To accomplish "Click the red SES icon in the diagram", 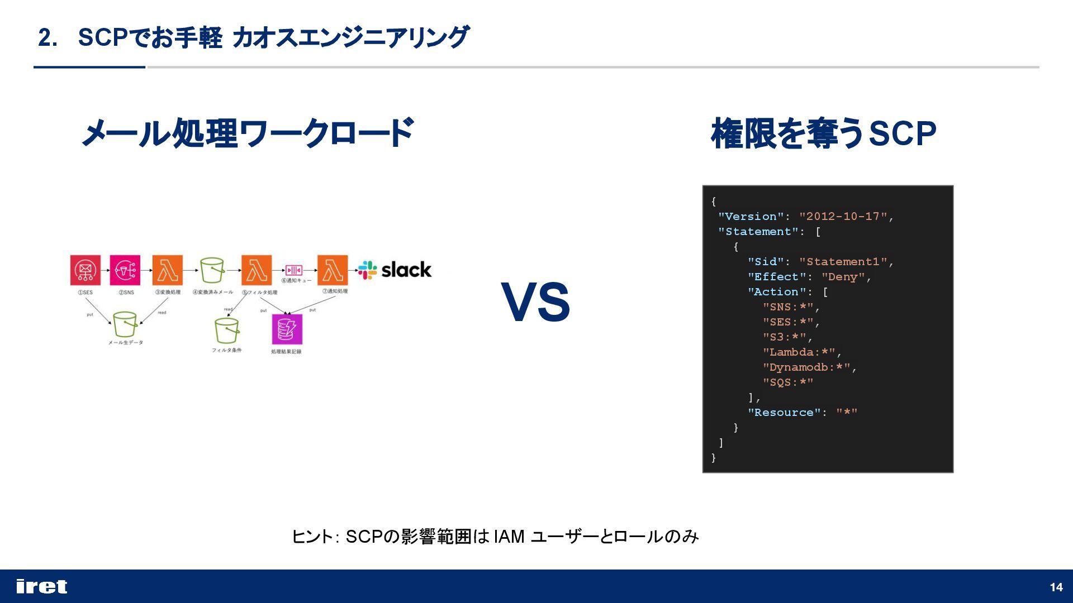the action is tap(85, 270).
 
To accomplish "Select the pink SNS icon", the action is tap(125, 270).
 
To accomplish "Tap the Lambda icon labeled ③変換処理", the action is tap(167, 270).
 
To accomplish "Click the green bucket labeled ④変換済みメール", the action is tap(212, 270).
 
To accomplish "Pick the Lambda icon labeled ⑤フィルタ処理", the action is tap(257, 270).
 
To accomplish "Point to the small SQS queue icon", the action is tap(294, 270).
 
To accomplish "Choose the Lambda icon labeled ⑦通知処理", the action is tap(333, 270).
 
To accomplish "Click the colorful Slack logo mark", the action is tap(368, 270).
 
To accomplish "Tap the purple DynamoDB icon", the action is tap(287, 329).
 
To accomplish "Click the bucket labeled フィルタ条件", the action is tap(226, 331).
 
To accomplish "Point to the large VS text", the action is tap(535, 303).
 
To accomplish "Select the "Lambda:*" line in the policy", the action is tap(799, 352).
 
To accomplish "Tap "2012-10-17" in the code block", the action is tap(843, 217).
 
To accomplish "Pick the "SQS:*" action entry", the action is tap(788, 382).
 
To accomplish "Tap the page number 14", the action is tap(1056, 587).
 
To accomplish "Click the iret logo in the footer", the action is tap(42, 586).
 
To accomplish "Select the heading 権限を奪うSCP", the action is tap(823, 134).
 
